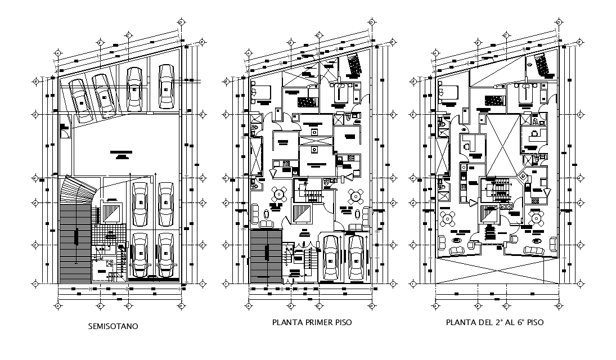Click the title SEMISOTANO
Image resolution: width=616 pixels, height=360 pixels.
(x=113, y=326)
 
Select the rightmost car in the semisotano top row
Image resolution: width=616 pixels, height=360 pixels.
(x=166, y=87)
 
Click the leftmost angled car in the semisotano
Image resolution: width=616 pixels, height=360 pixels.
(x=80, y=100)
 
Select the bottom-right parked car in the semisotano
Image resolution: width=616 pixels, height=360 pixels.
(x=165, y=255)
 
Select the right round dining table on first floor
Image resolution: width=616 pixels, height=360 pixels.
(x=355, y=196)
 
